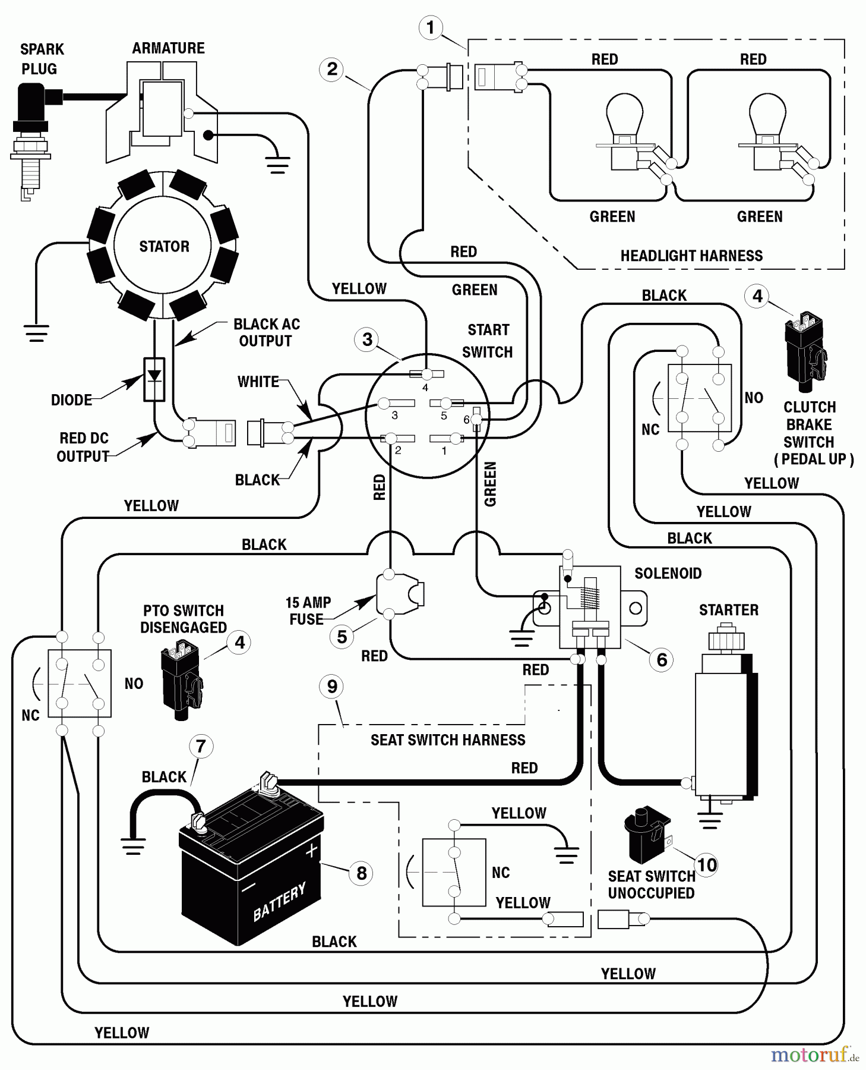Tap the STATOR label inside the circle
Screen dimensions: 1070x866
(x=164, y=246)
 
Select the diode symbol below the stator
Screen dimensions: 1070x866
(x=154, y=377)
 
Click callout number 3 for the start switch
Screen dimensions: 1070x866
(x=367, y=339)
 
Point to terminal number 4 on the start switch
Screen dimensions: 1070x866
(x=425, y=387)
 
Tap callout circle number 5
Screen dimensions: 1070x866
(x=342, y=637)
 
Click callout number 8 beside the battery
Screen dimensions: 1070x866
(x=361, y=873)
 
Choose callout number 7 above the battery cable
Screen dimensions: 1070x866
(x=201, y=746)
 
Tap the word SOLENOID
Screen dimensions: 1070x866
(x=668, y=573)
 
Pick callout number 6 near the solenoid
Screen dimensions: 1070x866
(x=662, y=659)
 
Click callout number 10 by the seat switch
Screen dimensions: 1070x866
(x=706, y=865)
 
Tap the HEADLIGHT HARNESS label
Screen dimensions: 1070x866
(x=691, y=256)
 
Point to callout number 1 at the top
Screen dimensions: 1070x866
(x=431, y=27)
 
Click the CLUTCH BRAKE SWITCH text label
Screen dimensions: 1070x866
(x=809, y=433)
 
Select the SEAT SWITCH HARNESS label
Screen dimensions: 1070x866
(x=448, y=739)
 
